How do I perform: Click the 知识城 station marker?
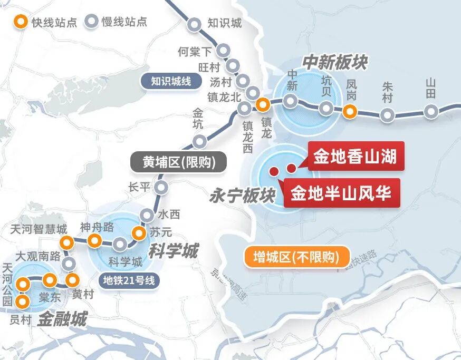tap(195, 24)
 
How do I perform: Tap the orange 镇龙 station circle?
tap(263, 104)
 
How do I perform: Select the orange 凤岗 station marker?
tap(349, 111)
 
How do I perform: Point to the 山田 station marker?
tap(431, 111)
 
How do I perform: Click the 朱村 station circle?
tap(388, 115)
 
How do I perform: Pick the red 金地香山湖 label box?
tap(355, 157)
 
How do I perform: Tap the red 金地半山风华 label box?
tap(342, 193)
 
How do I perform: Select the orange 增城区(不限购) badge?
tap(298, 258)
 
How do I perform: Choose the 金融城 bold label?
tap(62, 319)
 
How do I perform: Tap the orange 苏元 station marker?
tap(139, 232)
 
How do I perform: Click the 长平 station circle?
tap(161, 187)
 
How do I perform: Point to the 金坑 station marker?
tap(199, 141)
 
